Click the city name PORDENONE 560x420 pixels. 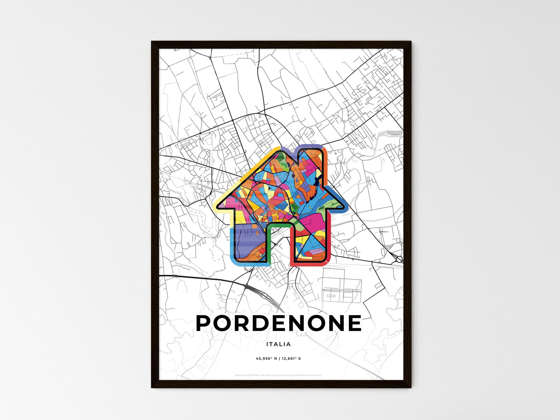point(279,323)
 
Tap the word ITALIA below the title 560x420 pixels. point(279,344)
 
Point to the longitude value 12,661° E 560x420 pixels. point(291,359)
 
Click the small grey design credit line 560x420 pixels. point(278,375)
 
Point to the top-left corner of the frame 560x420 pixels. point(152,42)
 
